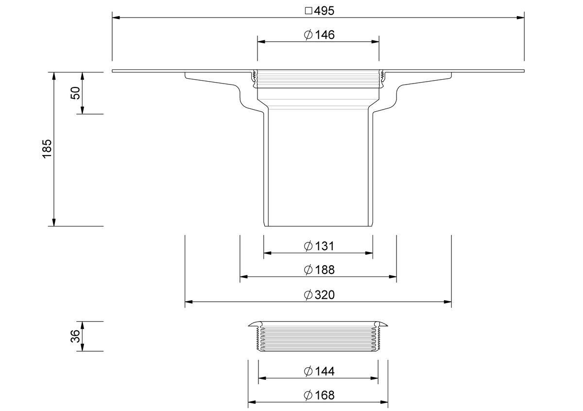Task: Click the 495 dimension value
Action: [324, 11]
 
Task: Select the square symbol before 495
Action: [309, 11]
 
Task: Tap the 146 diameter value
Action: [325, 35]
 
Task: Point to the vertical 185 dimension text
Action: [47, 149]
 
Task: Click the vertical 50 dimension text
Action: [75, 93]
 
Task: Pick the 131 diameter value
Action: [325, 246]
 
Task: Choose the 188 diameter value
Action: [325, 270]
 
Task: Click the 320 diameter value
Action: [325, 295]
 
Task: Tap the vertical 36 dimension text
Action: [75, 336]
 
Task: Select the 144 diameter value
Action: [325, 371]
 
